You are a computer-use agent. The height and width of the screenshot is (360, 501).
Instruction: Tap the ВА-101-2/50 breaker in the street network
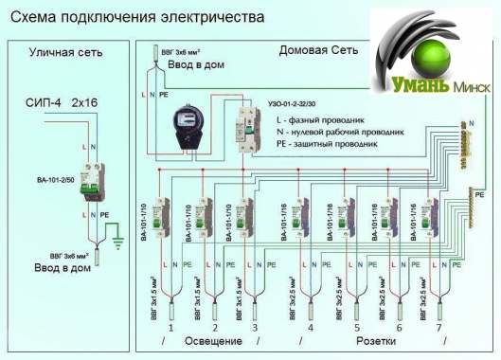pyautogui.click(x=92, y=182)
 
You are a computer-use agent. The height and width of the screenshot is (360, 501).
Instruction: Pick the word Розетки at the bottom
pyautogui.click(x=376, y=339)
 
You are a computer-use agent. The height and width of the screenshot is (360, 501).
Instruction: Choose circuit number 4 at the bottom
pyautogui.click(x=311, y=327)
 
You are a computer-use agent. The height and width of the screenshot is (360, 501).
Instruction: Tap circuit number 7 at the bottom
pyautogui.click(x=438, y=327)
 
